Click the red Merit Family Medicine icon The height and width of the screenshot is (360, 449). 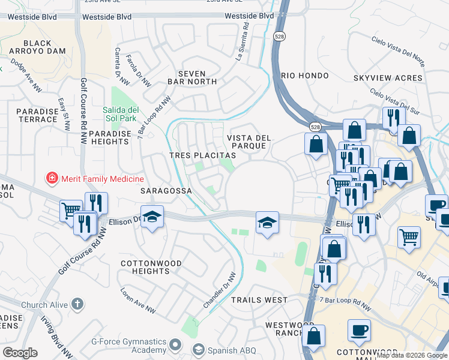[52, 179]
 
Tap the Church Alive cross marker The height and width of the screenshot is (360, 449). [77, 304]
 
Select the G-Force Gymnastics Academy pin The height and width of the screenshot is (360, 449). [175, 344]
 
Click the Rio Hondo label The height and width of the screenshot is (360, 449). [304, 76]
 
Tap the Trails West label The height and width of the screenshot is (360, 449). [259, 299]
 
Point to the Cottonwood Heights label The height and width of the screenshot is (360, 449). [145, 267]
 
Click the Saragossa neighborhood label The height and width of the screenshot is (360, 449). [166, 191]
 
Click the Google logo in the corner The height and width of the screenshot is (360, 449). [20, 353]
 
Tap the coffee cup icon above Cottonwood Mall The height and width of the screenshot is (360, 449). [359, 330]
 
